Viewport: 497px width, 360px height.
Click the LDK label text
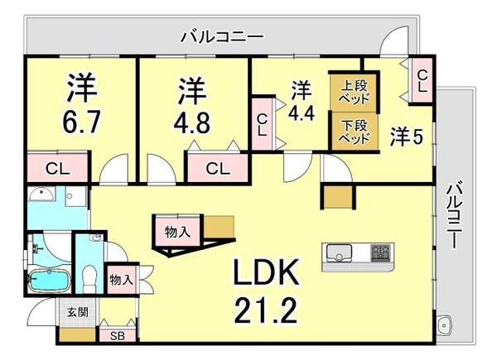[x=266, y=271]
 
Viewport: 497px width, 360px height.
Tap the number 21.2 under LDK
[x=266, y=310]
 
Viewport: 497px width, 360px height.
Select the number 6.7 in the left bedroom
[x=81, y=122]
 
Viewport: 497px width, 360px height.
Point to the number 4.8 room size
[x=192, y=122]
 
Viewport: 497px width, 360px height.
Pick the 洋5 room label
[x=407, y=137]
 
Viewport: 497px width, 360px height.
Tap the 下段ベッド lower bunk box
[x=355, y=132]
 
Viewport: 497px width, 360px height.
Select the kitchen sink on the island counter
[x=340, y=252]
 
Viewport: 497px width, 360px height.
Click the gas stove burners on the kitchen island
[x=381, y=252]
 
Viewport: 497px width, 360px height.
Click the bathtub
[x=49, y=281]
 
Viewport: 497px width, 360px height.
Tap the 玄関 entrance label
[x=78, y=312]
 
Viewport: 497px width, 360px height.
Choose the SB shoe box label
[x=118, y=336]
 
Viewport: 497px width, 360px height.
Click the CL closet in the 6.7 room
[x=57, y=168]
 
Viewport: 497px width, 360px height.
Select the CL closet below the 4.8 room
[x=217, y=168]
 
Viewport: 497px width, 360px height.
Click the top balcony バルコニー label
[x=222, y=37]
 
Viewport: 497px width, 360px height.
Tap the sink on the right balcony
[x=444, y=325]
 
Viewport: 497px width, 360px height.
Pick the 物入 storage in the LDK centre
[x=177, y=232]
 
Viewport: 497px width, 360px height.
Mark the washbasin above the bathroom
[x=42, y=194]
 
